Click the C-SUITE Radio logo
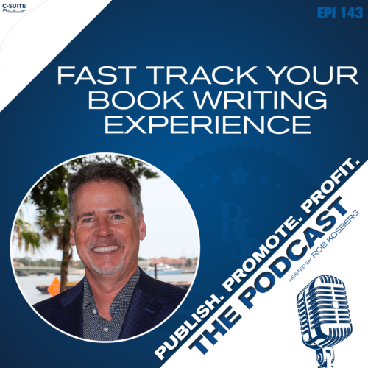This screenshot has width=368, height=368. [x=14, y=8]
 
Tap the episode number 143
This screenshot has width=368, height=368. [x=352, y=13]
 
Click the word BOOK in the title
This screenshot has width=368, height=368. [x=135, y=100]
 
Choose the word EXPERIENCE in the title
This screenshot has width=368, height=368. [x=208, y=124]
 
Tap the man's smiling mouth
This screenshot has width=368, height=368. [x=105, y=249]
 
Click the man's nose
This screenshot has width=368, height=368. [x=103, y=230]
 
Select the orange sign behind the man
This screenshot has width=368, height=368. [x=54, y=286]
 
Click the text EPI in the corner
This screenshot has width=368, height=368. [x=326, y=13]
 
